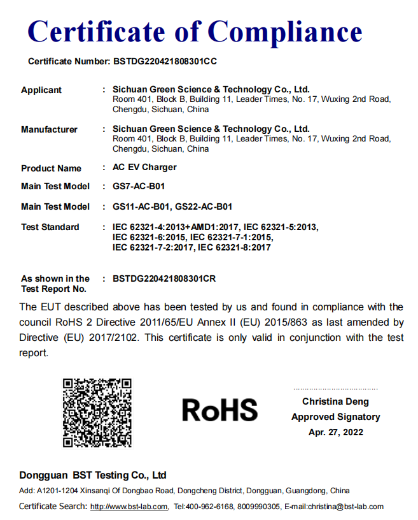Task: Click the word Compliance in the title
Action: (285, 32)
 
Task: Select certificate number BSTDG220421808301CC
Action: (165, 62)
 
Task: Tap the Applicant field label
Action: (41, 90)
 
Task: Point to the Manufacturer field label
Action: (49, 129)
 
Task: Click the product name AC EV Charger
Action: (144, 168)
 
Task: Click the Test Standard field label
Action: (50, 227)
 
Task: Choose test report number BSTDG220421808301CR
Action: (165, 278)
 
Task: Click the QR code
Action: (97, 412)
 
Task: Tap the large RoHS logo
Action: (219, 410)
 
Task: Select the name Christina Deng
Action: (335, 401)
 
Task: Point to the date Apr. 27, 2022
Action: (335, 432)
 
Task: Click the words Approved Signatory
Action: (335, 417)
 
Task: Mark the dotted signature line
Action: (335, 389)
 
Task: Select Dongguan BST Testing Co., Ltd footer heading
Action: (93, 475)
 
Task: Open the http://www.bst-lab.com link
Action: (129, 507)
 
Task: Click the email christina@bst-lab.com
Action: (345, 507)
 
